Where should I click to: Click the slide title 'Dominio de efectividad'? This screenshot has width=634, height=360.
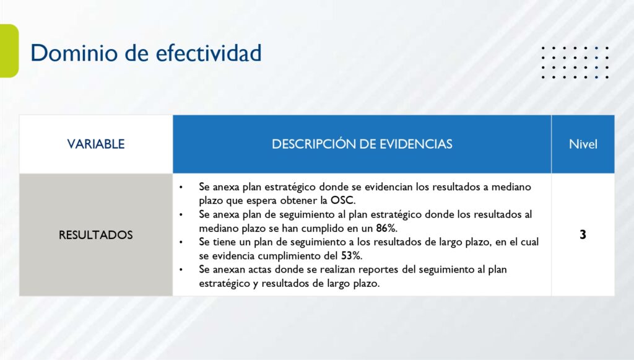point(146,53)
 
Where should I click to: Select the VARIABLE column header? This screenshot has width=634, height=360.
point(96,144)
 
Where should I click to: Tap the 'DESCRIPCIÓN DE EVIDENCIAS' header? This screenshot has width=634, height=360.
point(362,144)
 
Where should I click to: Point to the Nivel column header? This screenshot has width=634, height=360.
point(583,144)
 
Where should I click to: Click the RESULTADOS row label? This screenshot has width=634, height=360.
point(96,235)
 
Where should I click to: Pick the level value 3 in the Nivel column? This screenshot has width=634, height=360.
point(583,235)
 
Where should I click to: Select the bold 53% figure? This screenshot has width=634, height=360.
point(350,256)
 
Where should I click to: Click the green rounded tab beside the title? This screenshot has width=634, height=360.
point(9,51)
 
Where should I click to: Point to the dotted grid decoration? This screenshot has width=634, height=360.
point(575,63)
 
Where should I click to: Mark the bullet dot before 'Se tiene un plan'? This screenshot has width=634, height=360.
point(181,242)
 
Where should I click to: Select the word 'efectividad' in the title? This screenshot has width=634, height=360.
point(209,53)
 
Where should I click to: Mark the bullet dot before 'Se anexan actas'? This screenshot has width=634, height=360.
point(181,270)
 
